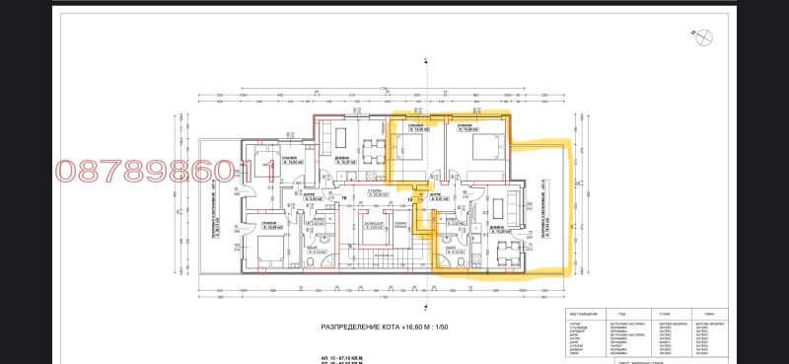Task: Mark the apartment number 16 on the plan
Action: [x=344, y=197]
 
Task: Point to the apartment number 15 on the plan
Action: [x=408, y=197]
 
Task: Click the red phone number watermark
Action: [x=166, y=174]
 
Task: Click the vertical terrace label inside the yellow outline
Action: [x=544, y=211]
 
